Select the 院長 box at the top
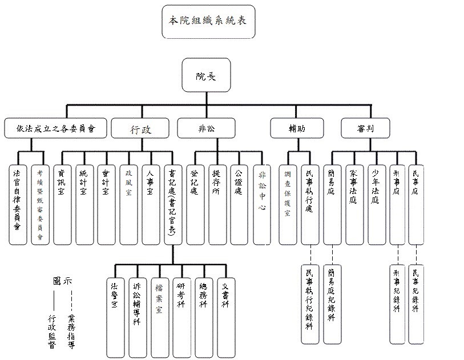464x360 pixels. pos(206,75)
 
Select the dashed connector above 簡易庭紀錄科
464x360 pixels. pos(332,254)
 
